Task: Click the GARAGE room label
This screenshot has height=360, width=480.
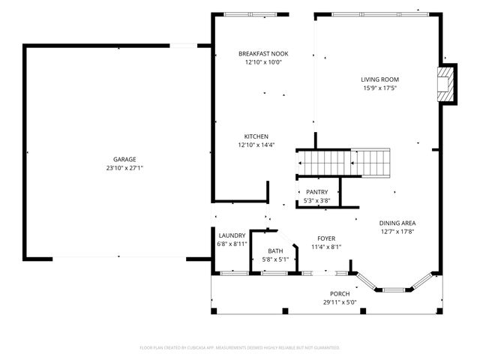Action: coord(124,160)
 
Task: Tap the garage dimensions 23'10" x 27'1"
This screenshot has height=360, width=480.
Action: coord(124,168)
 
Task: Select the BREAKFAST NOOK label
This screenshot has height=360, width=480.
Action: coord(263,54)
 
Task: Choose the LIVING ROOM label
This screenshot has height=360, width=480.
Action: coord(379,79)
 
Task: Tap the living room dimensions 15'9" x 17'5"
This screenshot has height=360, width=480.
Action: coord(379,88)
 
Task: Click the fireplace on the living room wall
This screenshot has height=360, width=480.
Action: coord(447,83)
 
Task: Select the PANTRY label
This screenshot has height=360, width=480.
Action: coord(317,192)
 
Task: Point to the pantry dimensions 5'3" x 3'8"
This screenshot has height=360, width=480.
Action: coord(317,200)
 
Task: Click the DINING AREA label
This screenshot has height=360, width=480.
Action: coord(397,223)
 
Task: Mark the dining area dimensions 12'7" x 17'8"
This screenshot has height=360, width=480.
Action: coord(397,231)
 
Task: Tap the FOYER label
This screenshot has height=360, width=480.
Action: coord(325,238)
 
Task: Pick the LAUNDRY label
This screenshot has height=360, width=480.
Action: coord(232,235)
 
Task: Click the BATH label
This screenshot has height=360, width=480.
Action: coord(275,251)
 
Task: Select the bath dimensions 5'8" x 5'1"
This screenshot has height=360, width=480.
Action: coord(275,259)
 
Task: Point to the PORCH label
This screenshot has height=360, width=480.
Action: coord(340,294)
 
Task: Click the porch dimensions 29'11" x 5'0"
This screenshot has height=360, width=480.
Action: coord(340,302)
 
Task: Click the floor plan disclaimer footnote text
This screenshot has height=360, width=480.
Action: coord(240,348)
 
